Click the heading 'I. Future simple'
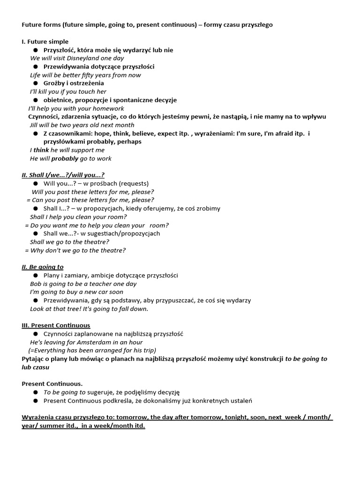45,42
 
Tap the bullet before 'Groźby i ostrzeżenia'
36,83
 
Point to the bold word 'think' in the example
41,150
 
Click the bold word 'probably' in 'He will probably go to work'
65,159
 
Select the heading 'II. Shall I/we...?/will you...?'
63,175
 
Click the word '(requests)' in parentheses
134,184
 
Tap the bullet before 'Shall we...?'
36,233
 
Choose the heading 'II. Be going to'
43,267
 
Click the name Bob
36,284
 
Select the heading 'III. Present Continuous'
56,325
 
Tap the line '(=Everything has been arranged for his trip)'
92,351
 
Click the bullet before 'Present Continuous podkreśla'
36,401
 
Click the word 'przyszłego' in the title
257,25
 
